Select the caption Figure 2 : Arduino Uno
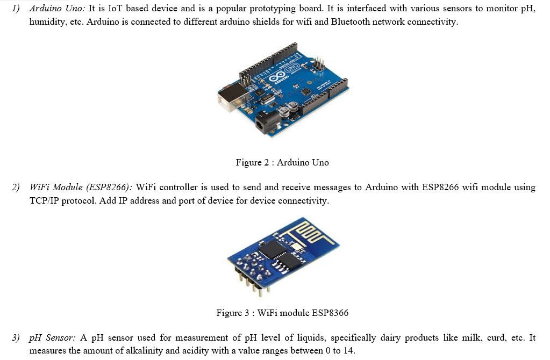[282, 162]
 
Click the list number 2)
[16, 188]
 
